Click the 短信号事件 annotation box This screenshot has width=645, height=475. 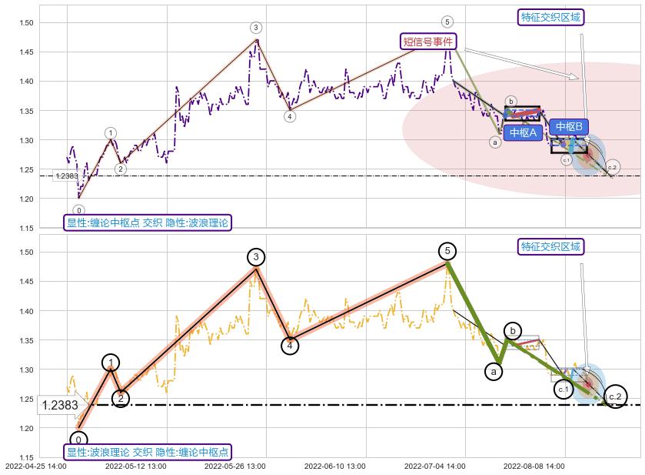point(427,41)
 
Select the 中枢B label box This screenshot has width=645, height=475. point(569,126)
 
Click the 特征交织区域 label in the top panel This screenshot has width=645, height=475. point(550,17)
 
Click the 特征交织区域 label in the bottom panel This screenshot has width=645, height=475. point(550,247)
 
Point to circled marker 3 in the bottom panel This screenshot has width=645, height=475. point(256,257)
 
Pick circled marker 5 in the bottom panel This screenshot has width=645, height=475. point(447,251)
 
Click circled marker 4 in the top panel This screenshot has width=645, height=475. point(290,117)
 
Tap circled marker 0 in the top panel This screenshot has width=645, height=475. point(78,210)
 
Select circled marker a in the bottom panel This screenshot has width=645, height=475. point(494,372)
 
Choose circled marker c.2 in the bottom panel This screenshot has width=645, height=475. point(615,397)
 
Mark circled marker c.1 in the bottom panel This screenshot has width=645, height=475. point(564,390)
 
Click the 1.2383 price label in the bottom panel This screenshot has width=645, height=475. point(59,405)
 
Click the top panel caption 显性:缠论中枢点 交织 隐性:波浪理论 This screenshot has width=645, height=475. point(147,222)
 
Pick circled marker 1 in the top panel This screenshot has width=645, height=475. point(111,133)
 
